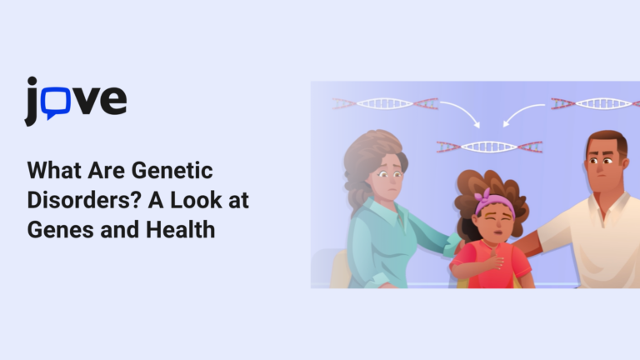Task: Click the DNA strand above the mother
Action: click(x=385, y=104)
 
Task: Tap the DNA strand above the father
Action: click(x=593, y=104)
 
